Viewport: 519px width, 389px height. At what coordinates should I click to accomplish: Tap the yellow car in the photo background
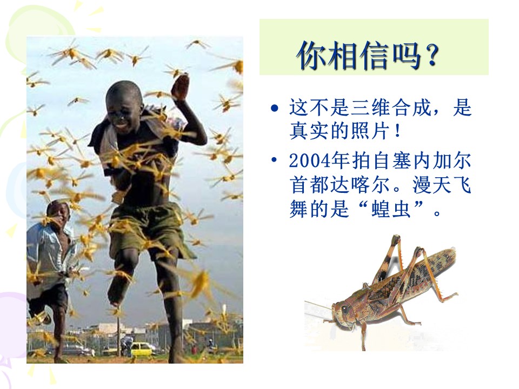(142, 348)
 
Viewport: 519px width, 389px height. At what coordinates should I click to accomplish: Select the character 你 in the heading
(313, 56)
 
